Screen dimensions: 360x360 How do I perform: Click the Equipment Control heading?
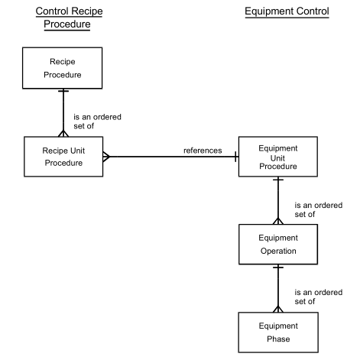point(287,11)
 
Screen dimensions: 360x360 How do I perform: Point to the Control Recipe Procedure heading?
point(69,18)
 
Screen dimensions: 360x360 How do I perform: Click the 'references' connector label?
point(203,151)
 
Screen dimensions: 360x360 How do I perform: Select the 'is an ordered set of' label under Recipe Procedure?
point(97,122)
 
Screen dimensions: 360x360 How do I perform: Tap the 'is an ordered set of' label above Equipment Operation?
point(319,209)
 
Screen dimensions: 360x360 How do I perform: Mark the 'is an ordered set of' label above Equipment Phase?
point(319,297)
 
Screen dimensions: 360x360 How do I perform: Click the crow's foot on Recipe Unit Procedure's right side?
point(106,157)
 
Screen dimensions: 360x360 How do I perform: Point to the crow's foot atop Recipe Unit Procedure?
point(63,133)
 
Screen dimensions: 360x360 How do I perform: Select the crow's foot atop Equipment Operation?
point(278,221)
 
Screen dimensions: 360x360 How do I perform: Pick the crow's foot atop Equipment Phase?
point(278,309)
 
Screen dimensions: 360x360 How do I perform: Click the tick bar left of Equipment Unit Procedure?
point(236,157)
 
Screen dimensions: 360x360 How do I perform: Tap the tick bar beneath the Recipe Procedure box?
point(63,91)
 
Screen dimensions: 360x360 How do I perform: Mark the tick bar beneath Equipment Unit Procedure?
point(278,180)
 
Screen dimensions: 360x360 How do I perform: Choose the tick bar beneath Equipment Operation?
point(278,268)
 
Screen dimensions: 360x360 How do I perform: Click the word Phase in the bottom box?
point(278,339)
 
